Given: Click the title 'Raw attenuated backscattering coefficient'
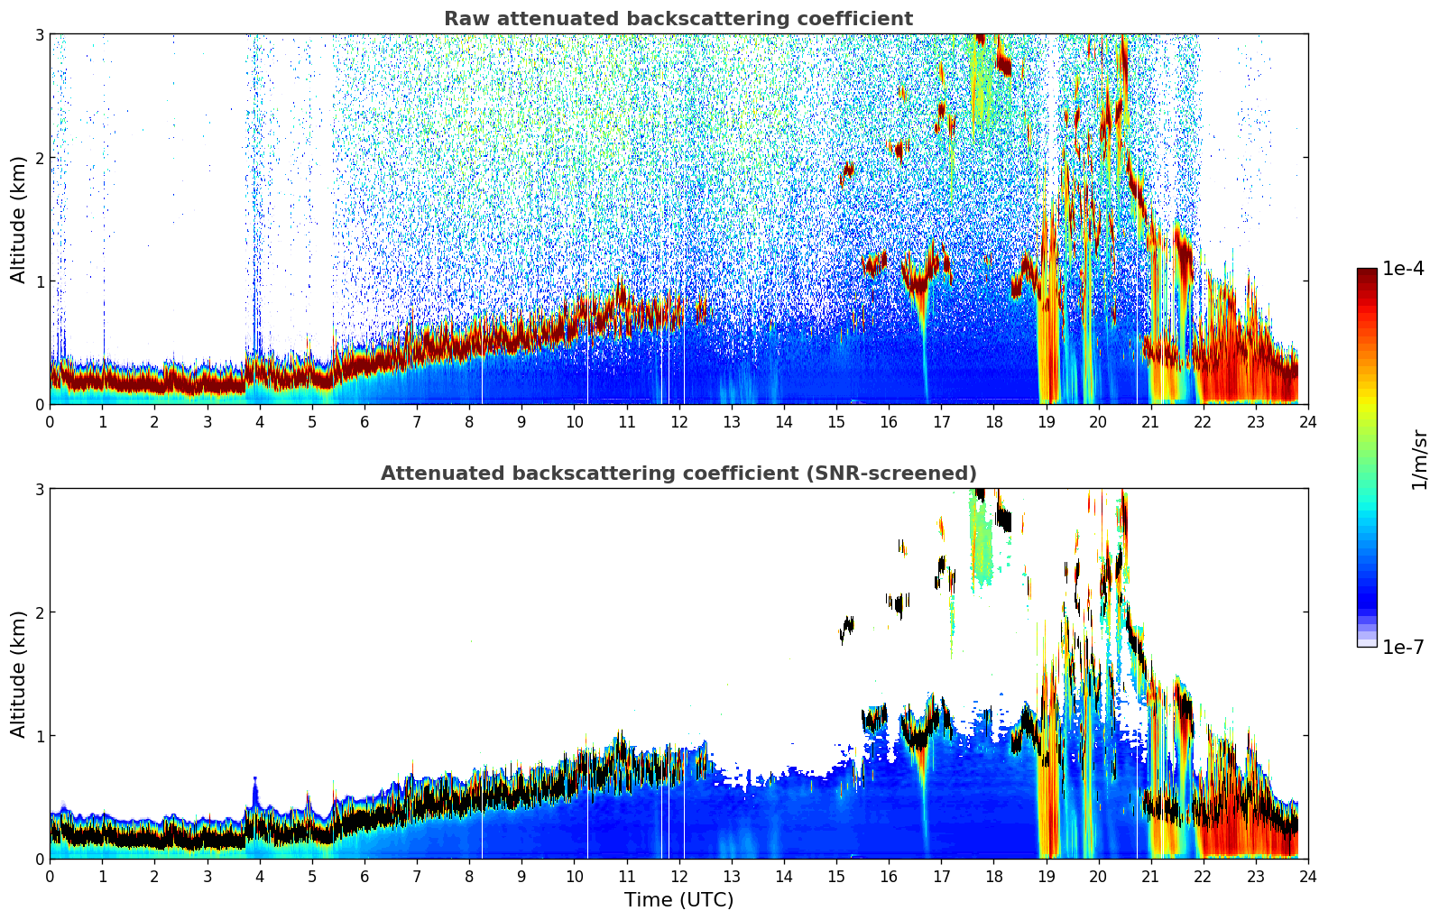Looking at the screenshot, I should click(678, 19).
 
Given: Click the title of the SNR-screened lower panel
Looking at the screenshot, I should click(678, 474).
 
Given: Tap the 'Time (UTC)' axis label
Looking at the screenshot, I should click(678, 900).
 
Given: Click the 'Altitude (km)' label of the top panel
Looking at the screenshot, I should click(18, 219).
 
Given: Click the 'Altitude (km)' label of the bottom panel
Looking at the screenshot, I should click(18, 674).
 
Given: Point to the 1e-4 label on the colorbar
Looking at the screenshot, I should click(1403, 269).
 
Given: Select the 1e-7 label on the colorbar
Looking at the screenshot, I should click(1403, 647).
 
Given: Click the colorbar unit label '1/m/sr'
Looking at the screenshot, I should click(1419, 460).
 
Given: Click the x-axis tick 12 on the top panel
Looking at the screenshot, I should click(678, 421).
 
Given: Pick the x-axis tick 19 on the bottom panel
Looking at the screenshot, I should click(1046, 876).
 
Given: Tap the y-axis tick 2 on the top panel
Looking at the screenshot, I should click(39, 158).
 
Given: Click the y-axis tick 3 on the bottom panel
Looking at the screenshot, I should click(39, 489).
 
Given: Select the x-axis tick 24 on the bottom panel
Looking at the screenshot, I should click(1307, 876).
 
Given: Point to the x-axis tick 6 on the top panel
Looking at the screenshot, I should click(364, 421).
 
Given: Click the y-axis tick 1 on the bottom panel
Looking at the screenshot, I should click(39, 736).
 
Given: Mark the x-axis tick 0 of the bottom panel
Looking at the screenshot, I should click(50, 876).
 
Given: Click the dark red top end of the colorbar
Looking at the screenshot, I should click(1366, 272).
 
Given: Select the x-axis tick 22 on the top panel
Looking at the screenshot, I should click(1203, 421).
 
